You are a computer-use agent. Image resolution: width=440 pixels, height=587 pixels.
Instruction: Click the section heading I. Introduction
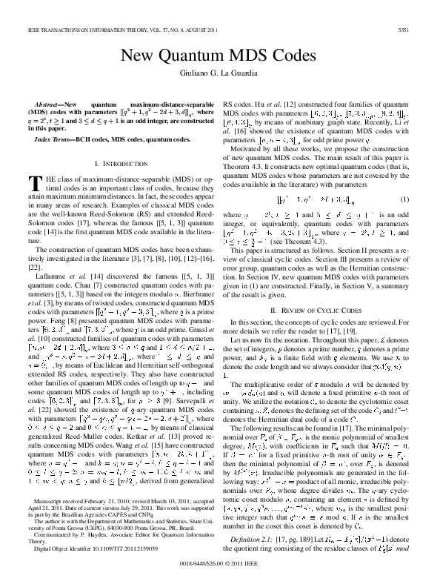tap(119, 162)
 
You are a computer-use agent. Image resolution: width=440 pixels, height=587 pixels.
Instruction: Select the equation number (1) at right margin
tap(404, 200)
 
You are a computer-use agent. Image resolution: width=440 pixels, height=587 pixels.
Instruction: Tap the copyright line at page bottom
tap(219, 574)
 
